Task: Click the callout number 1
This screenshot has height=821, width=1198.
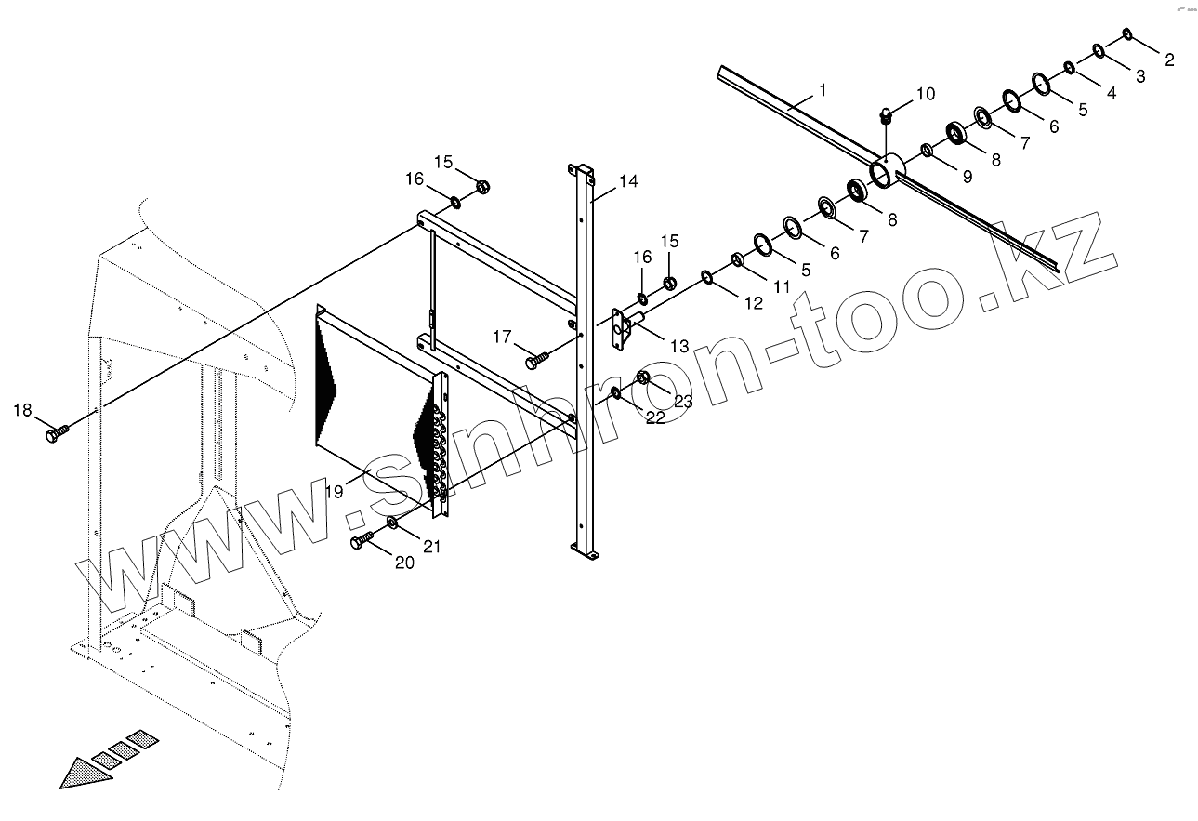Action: [822, 89]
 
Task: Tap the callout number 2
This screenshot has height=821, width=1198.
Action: [1169, 60]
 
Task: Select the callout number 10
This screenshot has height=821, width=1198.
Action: [926, 94]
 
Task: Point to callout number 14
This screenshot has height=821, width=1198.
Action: [628, 181]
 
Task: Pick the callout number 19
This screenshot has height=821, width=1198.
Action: [334, 491]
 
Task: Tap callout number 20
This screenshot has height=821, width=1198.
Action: [404, 563]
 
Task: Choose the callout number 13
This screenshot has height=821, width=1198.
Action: [678, 346]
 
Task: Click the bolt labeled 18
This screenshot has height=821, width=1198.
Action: [57, 431]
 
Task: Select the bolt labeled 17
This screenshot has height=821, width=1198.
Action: [536, 356]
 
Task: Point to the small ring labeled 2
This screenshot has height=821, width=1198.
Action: [1127, 34]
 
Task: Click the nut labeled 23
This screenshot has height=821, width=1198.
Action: [642, 378]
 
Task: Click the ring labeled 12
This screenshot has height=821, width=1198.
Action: [708, 276]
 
